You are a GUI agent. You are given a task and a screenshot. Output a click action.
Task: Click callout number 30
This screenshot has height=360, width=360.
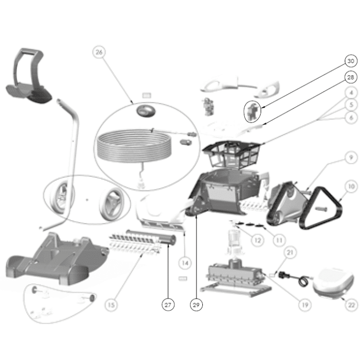[351, 61]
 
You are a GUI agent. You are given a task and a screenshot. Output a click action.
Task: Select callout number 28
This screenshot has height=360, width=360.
[351, 77]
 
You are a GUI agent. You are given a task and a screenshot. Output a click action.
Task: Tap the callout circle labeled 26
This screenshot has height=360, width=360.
[99, 52]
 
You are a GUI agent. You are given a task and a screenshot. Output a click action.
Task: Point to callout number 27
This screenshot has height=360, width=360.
[168, 305]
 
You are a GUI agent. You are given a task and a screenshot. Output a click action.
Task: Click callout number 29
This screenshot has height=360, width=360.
[197, 305]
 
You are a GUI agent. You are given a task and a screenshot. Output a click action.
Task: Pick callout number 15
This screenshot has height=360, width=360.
[111, 305]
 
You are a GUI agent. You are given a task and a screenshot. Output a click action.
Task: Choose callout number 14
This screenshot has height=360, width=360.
[185, 263]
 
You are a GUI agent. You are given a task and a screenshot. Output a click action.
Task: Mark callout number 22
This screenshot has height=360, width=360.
[352, 305]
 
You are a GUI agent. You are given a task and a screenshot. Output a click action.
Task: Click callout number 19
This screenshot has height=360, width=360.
[305, 305]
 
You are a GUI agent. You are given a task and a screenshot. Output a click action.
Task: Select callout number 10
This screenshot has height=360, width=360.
[351, 187]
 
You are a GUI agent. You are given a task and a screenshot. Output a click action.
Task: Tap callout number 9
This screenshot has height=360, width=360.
[351, 158]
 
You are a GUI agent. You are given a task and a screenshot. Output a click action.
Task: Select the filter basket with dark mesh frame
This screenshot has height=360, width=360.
[231, 155]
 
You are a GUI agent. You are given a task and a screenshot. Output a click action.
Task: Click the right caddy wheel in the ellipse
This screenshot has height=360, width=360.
[112, 204]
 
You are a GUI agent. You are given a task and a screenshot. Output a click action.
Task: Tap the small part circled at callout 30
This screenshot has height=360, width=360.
[253, 111]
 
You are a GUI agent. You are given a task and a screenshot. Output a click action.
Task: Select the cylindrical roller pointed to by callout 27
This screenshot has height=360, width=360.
[151, 236]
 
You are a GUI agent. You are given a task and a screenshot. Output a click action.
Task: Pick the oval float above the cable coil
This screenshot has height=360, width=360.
[146, 111]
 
